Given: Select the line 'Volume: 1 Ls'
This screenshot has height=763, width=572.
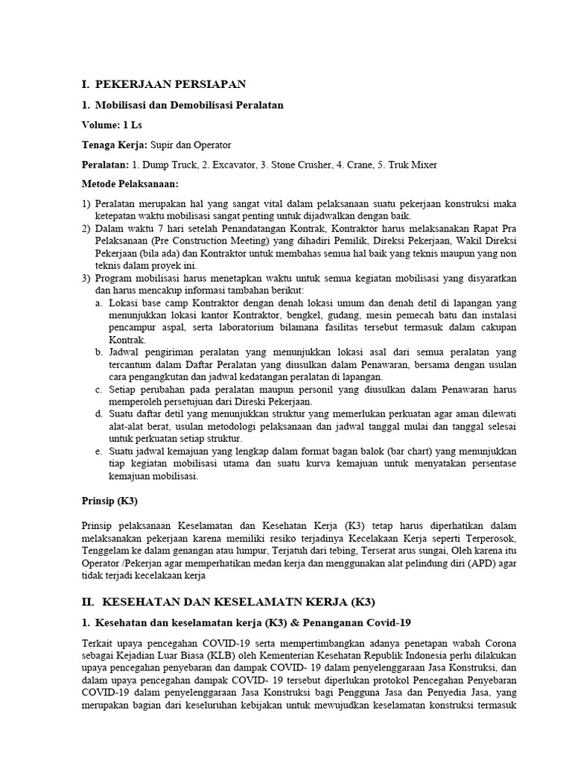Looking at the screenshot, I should coord(111,124).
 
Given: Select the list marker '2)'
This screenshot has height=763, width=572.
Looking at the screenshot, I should coord(87,228).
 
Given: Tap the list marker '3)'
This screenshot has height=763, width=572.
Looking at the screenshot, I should coord(87,278).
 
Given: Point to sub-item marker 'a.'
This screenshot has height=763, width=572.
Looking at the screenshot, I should coord(99,303).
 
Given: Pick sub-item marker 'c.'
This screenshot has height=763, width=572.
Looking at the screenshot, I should coord(99,388).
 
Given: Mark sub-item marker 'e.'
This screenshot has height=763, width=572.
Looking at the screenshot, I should coord(99,452).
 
